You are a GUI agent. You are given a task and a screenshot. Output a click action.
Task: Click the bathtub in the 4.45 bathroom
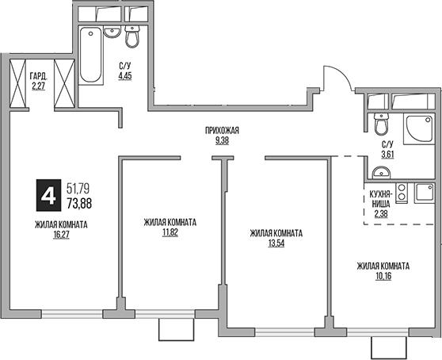click(90, 56)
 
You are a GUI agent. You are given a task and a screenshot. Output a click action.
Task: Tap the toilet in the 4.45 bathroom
click(132, 36)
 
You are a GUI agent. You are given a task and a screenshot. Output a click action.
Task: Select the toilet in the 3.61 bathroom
click(381, 125)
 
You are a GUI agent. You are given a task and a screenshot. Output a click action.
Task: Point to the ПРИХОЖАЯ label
click(221, 131)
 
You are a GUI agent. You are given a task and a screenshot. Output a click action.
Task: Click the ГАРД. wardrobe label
click(38, 77)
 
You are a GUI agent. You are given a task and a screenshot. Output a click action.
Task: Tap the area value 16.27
click(61, 236)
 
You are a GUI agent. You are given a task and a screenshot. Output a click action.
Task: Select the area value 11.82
click(170, 233)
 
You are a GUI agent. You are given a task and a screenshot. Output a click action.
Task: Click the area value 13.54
click(275, 244)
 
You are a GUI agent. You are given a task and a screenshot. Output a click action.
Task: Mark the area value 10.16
click(383, 277)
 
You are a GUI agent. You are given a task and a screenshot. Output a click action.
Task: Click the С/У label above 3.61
click(387, 144)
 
